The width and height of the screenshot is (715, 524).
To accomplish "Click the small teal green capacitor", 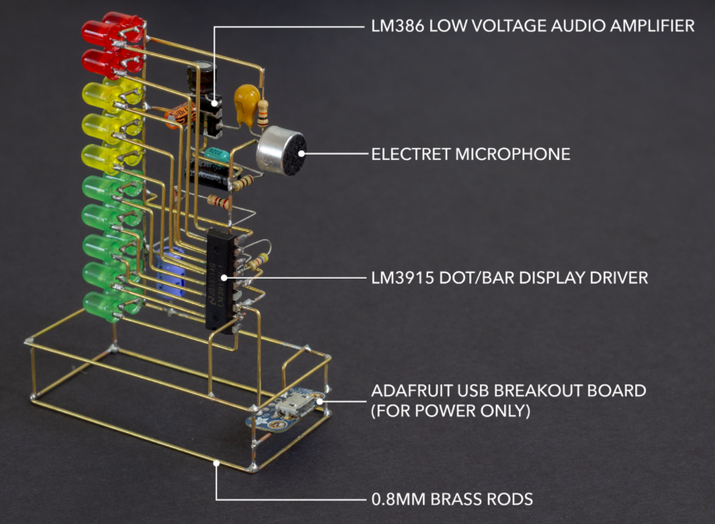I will pyautogui.click(x=216, y=154).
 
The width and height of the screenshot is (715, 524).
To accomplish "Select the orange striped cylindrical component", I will pyautogui.click(x=181, y=114).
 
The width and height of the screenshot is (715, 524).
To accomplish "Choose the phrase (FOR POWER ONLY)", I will pyautogui.click(x=451, y=411).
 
